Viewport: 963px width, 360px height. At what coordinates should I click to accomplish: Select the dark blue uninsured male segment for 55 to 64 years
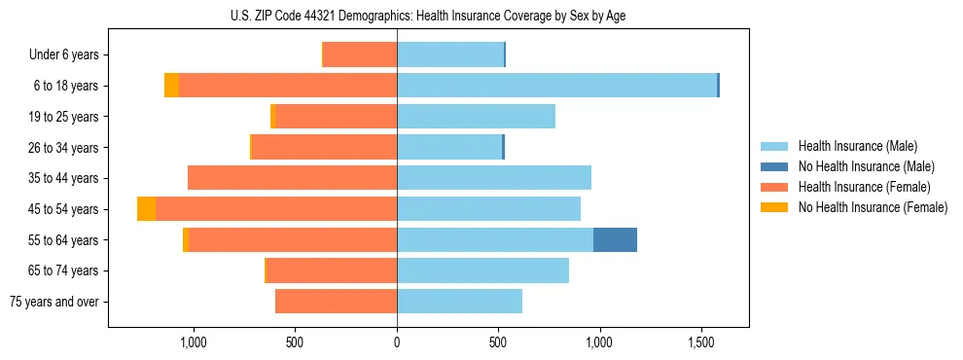click(x=615, y=239)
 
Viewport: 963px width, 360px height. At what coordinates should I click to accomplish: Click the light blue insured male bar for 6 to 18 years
click(x=556, y=86)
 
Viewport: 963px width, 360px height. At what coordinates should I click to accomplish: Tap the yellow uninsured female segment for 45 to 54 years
click(x=146, y=209)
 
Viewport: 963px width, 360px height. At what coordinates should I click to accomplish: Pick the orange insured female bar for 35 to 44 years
click(x=292, y=178)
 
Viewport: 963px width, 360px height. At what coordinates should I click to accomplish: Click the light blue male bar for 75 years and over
click(x=459, y=302)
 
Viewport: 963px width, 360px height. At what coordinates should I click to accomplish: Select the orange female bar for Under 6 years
click(x=360, y=54)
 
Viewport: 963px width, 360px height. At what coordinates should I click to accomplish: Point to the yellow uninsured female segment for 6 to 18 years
click(x=171, y=86)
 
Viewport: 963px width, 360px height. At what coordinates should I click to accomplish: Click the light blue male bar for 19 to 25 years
click(x=476, y=117)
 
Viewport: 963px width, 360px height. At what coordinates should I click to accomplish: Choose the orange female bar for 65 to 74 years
click(x=332, y=270)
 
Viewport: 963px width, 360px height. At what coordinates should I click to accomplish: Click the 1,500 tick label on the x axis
click(x=701, y=342)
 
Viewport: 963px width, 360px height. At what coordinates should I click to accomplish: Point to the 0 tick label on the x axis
click(x=397, y=342)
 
